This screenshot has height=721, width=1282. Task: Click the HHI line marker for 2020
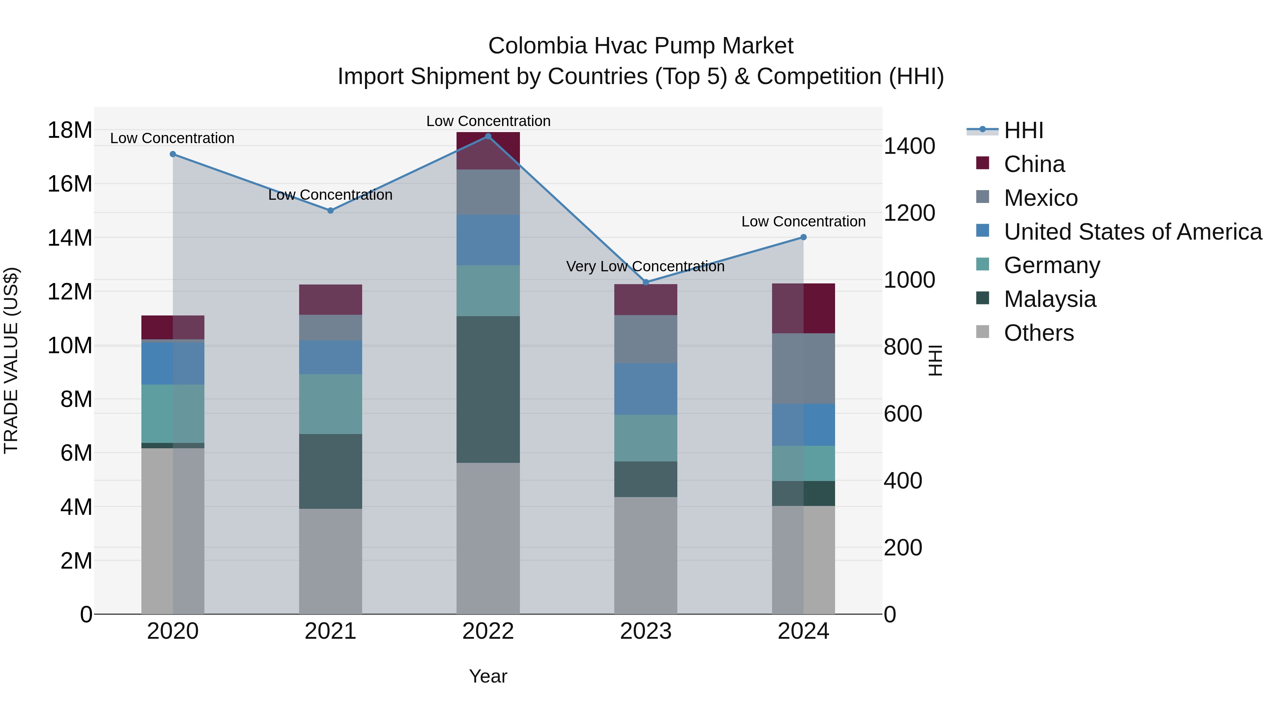(x=173, y=154)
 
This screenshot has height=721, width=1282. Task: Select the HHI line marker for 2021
(x=330, y=210)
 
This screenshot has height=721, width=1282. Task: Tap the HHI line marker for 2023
(x=646, y=282)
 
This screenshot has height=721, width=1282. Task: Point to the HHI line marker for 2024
(x=803, y=237)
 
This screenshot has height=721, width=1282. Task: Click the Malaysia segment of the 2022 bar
(x=488, y=389)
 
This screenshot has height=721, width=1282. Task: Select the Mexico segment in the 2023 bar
(x=646, y=339)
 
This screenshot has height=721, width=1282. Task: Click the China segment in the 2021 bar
(x=330, y=299)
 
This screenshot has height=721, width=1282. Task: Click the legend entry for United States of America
(x=1132, y=232)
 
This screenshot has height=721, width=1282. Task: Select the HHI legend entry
(x=1023, y=130)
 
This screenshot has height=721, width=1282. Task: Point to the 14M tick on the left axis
(x=70, y=238)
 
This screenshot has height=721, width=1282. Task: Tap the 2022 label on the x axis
(x=488, y=631)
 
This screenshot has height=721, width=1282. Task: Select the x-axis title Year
(x=488, y=676)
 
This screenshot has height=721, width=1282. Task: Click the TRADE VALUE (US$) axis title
(x=11, y=360)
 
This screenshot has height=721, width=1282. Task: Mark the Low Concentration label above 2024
(x=803, y=221)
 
